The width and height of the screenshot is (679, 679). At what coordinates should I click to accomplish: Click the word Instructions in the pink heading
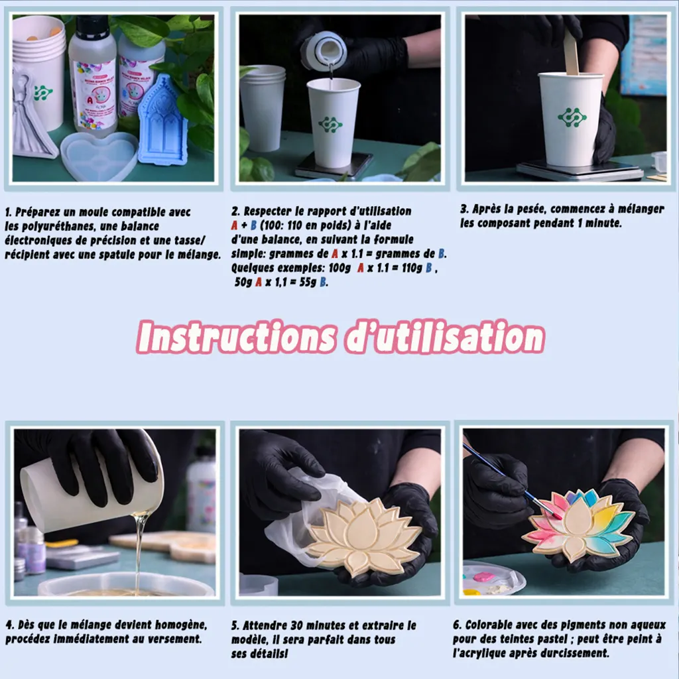point(236,338)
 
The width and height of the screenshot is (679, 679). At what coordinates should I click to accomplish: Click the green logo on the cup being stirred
point(572,117)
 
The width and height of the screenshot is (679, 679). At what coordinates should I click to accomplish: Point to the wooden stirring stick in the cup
point(571,51)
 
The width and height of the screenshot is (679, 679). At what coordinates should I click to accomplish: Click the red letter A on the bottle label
point(90,100)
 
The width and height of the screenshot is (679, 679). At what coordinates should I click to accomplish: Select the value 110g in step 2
point(411,269)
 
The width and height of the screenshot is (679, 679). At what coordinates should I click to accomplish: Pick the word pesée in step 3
point(531,209)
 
